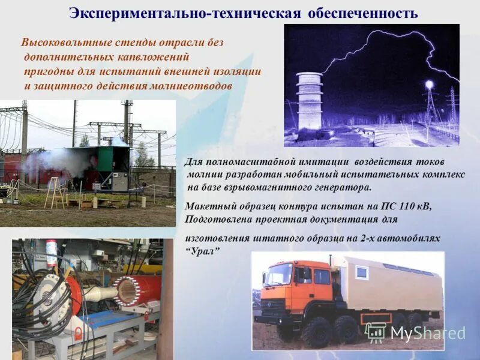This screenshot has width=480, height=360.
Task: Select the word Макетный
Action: [208, 206]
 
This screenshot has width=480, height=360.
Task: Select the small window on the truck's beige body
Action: [362, 272]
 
